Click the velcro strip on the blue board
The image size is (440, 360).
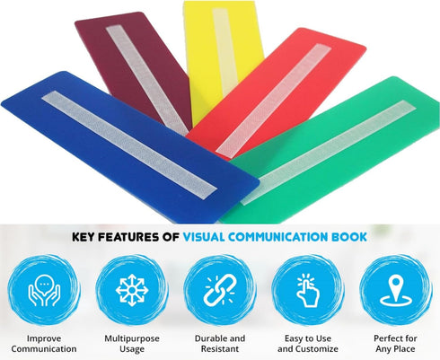[129, 145]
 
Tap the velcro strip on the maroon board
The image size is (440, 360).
[147, 78]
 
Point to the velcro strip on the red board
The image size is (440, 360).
[273, 101]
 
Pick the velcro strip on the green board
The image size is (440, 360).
[328, 153]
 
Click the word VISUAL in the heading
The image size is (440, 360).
[204, 237]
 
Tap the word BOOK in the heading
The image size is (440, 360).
[349, 237]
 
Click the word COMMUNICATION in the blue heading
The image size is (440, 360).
[277, 237]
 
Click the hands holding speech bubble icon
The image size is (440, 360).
[44, 290]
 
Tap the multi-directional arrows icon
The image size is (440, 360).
[132, 290]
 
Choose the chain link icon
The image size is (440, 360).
[220, 290]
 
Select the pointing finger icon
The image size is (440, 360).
[307, 290]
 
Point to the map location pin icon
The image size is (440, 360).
[396, 291]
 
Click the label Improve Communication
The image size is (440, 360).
[44, 344]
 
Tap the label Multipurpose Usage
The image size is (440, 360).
[132, 344]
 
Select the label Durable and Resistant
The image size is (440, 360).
[220, 344]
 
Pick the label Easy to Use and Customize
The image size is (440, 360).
[308, 344]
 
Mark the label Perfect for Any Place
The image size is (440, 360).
[395, 344]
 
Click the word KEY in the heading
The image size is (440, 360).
[84, 237]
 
